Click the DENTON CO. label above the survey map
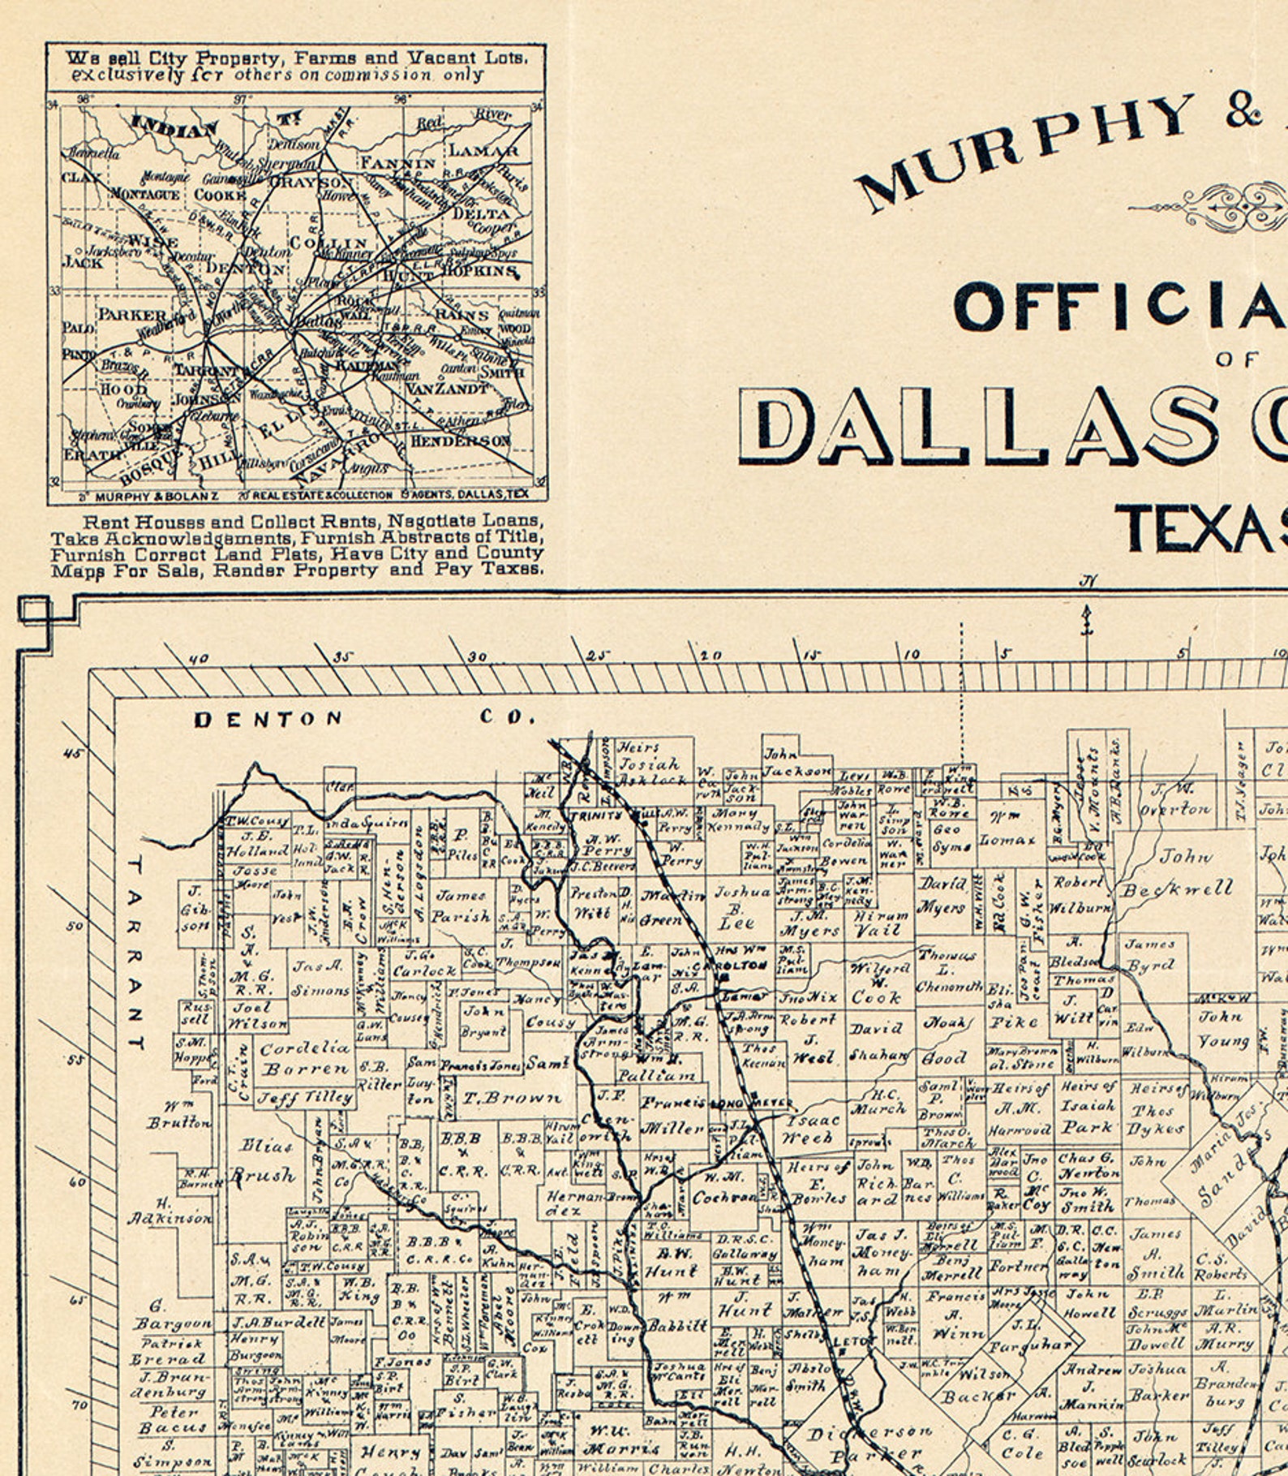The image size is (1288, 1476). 365,718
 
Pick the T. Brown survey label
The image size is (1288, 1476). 511,1099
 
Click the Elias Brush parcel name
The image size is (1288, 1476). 264,1160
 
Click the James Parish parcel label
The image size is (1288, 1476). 461,906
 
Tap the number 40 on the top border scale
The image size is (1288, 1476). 198,658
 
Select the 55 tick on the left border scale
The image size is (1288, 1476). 75,1060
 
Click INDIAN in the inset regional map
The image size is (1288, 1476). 174,128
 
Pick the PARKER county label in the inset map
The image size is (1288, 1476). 132,315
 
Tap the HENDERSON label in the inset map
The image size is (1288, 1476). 460,441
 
